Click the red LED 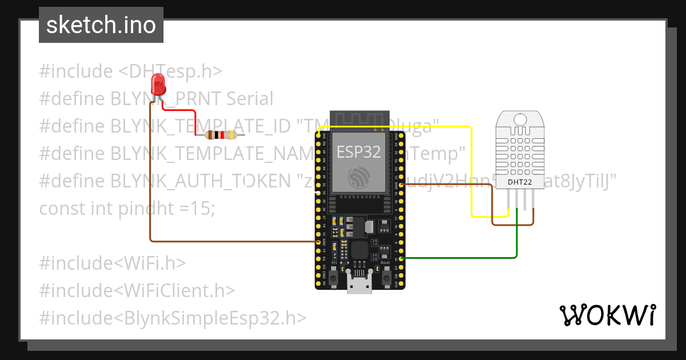158,85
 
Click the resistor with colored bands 221,135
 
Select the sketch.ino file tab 101,25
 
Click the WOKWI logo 607,315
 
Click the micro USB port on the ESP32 360,284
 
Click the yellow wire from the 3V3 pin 471,171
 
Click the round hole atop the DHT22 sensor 520,119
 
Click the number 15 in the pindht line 204,209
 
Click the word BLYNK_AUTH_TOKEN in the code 200,181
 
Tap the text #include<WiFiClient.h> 137,290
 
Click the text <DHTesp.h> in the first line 170,71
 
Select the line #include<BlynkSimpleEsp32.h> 173,318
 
